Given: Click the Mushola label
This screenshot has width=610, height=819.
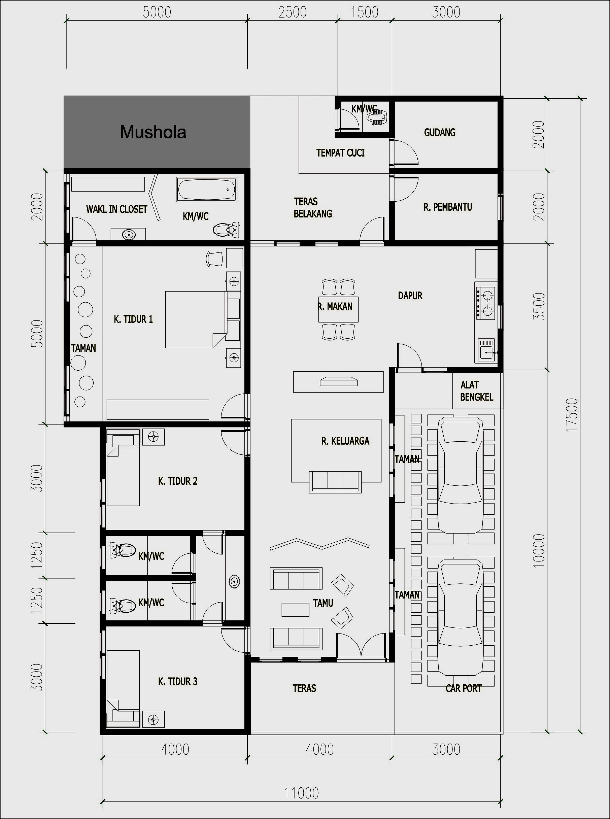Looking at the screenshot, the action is (153, 132).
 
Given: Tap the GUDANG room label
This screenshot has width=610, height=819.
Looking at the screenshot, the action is (439, 132).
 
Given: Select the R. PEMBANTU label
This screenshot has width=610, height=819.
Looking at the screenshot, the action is (447, 207).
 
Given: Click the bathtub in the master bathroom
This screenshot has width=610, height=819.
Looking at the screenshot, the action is (206, 190).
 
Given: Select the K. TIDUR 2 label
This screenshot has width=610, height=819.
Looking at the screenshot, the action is (178, 481).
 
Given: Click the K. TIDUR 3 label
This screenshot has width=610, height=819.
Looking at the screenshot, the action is (178, 681).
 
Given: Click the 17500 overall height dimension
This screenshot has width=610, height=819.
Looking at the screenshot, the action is (571, 415).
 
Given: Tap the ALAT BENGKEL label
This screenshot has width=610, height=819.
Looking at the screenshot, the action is (476, 391).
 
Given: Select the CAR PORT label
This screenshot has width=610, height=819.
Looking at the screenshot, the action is (464, 688).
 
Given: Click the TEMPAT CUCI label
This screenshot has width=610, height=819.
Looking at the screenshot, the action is (340, 153).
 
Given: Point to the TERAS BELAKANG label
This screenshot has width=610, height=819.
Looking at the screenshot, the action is (313, 207).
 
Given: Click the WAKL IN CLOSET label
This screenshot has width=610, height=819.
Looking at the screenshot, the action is (117, 209).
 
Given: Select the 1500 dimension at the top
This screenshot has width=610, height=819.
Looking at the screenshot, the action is (365, 12).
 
